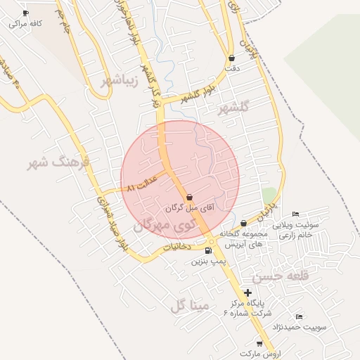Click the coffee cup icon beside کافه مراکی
pyautogui.click(x=26, y=13)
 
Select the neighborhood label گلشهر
pyautogui.click(x=235, y=108)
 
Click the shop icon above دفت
pyautogui.click(x=232, y=58)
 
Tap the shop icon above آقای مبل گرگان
pyautogui.click(x=188, y=198)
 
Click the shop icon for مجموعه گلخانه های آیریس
pyautogui.click(x=243, y=223)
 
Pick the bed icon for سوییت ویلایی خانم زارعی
pyautogui.click(x=295, y=214)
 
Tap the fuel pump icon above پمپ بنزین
pyautogui.click(x=208, y=250)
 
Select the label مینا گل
pyautogui.click(x=190, y=305)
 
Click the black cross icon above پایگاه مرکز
pyautogui.click(x=247, y=292)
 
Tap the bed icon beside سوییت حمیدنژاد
pyautogui.click(x=300, y=317)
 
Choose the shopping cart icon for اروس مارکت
pyautogui.click(x=259, y=343)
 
